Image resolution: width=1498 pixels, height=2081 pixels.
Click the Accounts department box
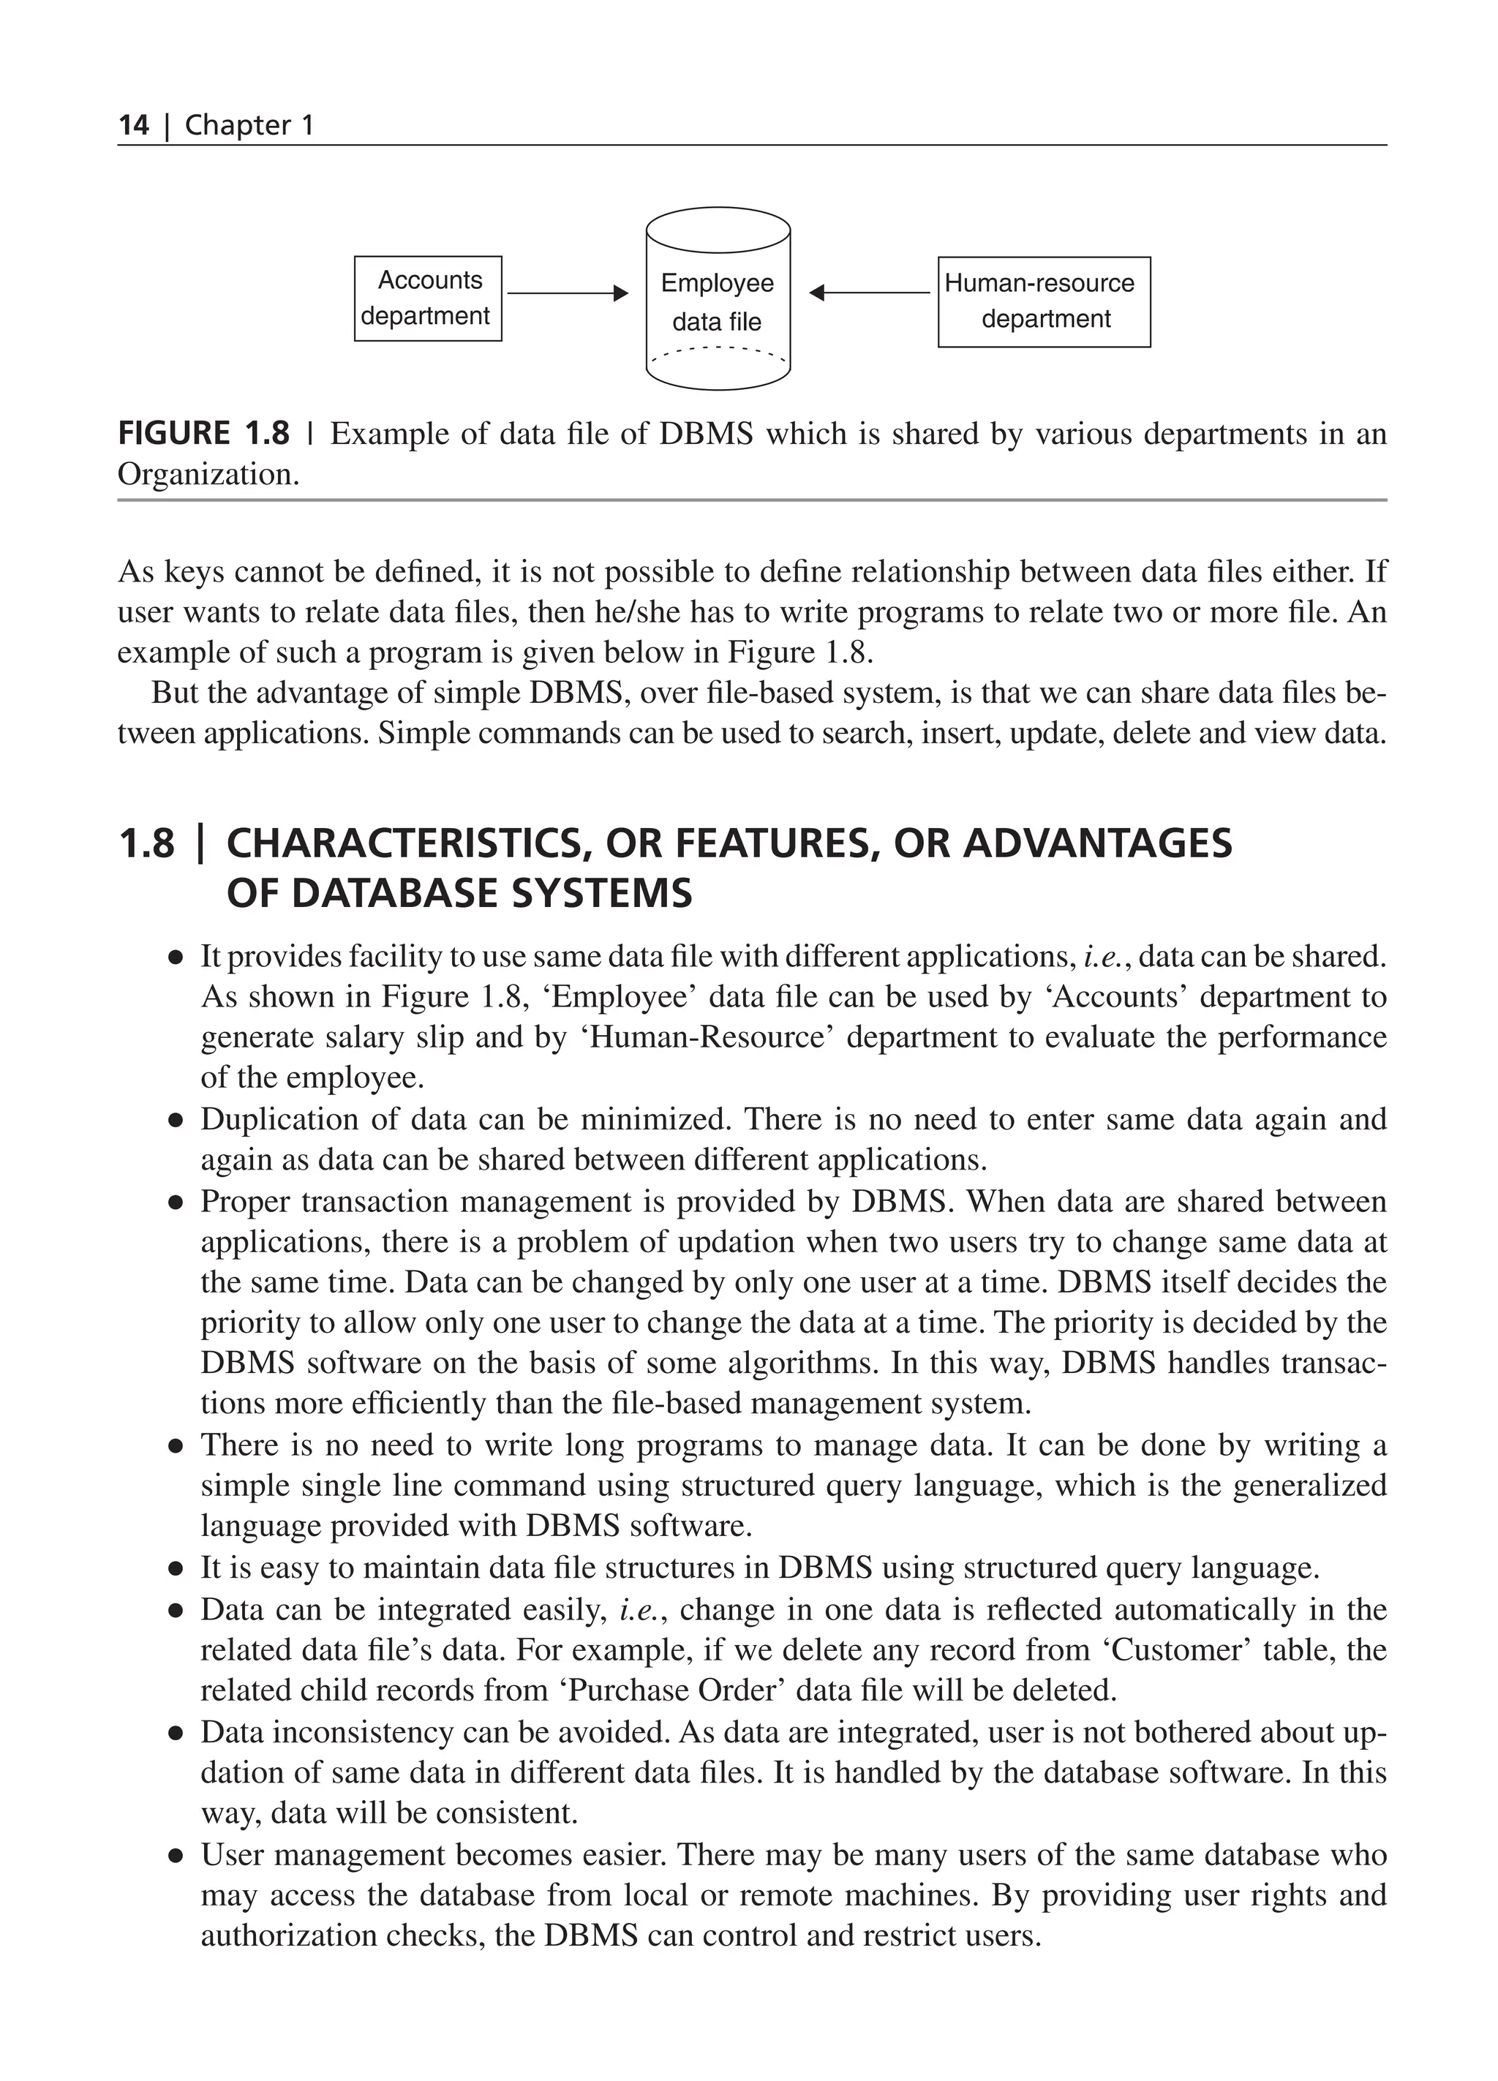point(427,298)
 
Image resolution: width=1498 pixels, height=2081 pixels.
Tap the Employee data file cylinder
point(718,298)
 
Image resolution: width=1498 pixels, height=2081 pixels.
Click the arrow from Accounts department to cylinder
point(566,293)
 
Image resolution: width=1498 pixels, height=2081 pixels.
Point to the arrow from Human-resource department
point(870,293)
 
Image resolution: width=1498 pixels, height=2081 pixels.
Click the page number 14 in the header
point(133,126)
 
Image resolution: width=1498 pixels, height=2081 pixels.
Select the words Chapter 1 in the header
point(249,126)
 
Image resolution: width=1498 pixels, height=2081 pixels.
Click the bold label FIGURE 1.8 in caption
point(203,433)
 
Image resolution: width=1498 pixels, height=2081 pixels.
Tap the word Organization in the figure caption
point(206,475)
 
